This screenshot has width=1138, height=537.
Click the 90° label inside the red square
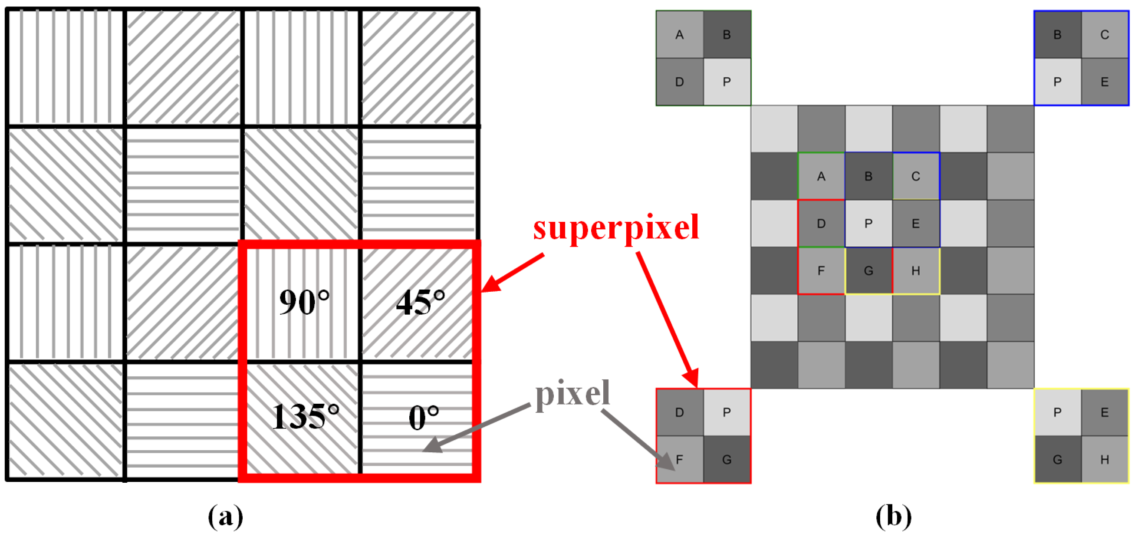pyautogui.click(x=304, y=303)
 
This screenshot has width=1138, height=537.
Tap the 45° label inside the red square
pyautogui.click(x=420, y=303)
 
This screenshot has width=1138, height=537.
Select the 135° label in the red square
pyautogui.click(x=305, y=416)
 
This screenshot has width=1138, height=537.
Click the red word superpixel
pyautogui.click(x=616, y=227)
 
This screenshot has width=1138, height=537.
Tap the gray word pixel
pyautogui.click(x=572, y=393)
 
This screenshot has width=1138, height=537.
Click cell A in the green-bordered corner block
pyautogui.click(x=679, y=34)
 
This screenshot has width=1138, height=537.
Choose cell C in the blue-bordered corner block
pyautogui.click(x=1105, y=34)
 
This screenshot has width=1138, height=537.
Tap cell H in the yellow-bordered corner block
pyautogui.click(x=1105, y=460)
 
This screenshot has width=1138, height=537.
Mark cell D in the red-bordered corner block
pyautogui.click(x=679, y=412)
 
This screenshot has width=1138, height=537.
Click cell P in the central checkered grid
pyautogui.click(x=868, y=224)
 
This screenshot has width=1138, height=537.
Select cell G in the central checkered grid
pyautogui.click(x=868, y=271)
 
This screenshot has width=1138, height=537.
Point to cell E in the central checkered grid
pyautogui.click(x=915, y=224)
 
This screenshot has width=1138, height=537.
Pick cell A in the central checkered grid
pyautogui.click(x=821, y=176)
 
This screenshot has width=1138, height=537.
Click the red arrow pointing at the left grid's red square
pyautogui.click(x=513, y=273)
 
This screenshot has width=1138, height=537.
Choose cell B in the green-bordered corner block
pyautogui.click(x=727, y=34)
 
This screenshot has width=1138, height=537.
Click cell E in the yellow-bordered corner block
pyautogui.click(x=1105, y=412)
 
